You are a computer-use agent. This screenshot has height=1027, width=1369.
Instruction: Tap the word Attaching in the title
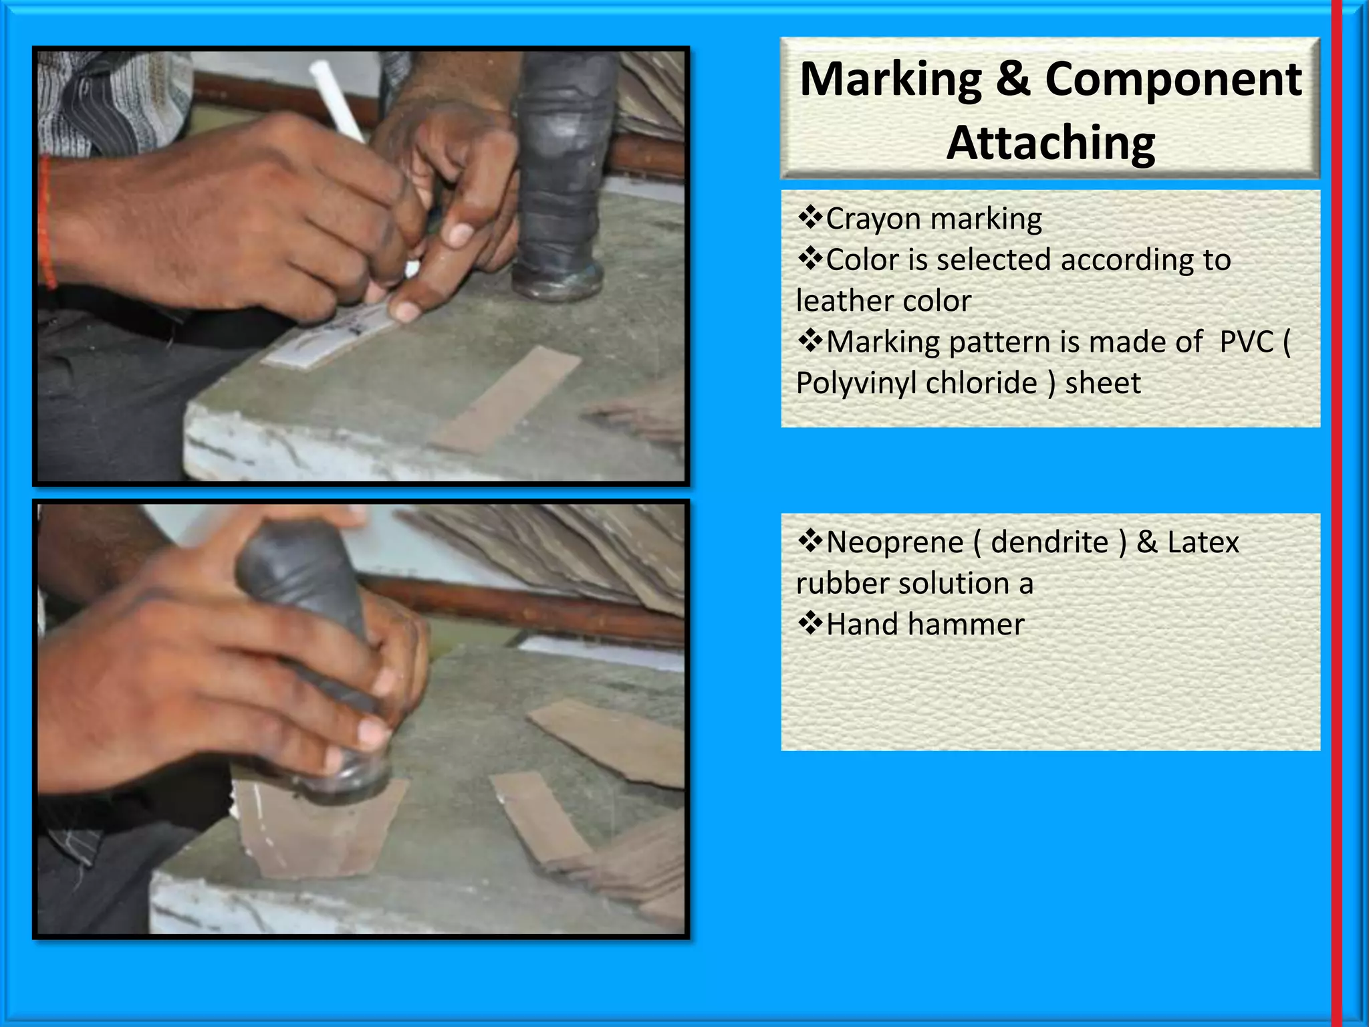(x=1051, y=143)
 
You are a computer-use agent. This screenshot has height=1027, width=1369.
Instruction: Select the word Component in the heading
(x=1173, y=80)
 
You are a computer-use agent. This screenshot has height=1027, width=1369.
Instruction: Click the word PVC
(x=1247, y=342)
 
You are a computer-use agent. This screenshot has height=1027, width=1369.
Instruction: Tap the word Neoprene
(x=894, y=542)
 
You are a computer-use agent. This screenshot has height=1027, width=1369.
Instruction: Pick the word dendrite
(x=1049, y=542)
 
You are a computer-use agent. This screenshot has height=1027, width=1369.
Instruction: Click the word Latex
(x=1203, y=542)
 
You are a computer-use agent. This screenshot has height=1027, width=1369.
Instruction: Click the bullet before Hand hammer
(x=810, y=623)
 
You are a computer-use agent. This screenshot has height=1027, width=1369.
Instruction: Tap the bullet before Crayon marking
(x=810, y=217)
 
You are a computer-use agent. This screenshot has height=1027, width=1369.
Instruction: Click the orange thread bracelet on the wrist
(x=45, y=221)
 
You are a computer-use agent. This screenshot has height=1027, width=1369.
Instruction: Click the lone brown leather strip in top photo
(x=507, y=398)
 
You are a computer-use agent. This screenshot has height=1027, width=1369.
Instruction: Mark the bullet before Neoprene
(x=810, y=540)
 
